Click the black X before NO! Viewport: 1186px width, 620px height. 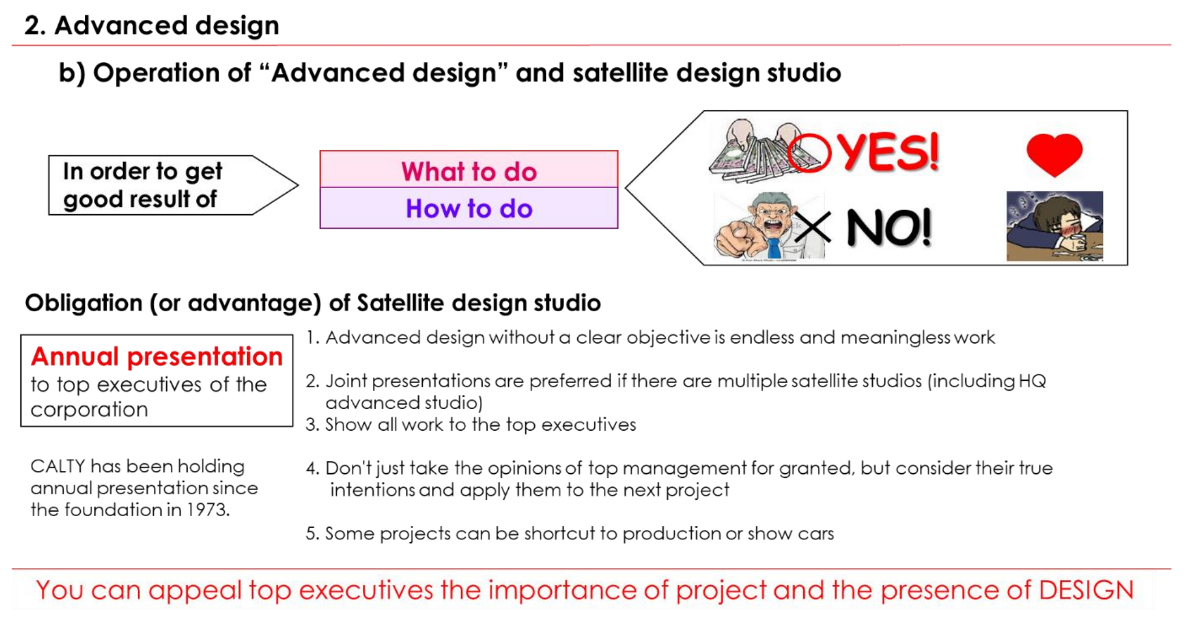813,227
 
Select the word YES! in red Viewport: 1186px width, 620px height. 889,152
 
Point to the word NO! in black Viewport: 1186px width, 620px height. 889,228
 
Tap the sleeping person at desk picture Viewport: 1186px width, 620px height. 1055,226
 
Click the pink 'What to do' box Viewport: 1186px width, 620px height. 469,170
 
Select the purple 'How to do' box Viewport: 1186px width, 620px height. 469,208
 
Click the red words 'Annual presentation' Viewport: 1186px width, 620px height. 157,356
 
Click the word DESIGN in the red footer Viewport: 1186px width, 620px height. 1086,590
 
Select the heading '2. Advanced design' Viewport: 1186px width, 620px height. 152,26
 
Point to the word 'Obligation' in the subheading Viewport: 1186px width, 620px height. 84,303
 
